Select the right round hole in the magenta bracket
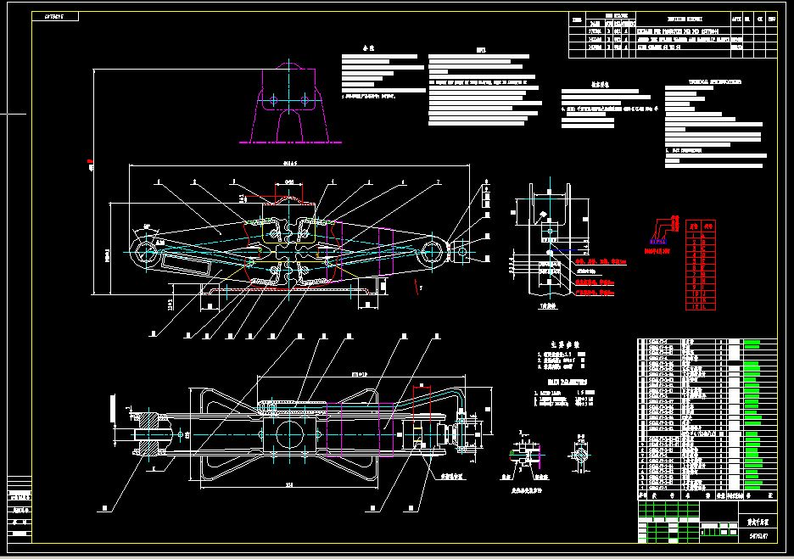click(x=305, y=100)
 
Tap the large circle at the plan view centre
click(x=289, y=432)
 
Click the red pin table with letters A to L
click(x=700, y=265)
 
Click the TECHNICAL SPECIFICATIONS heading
click(x=714, y=83)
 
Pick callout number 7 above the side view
click(x=438, y=182)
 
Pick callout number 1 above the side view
click(x=157, y=182)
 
